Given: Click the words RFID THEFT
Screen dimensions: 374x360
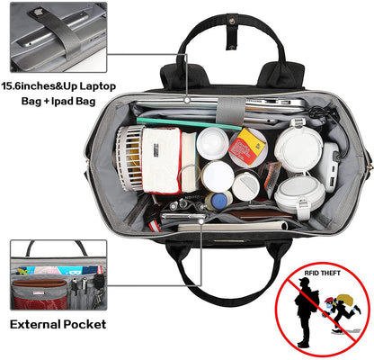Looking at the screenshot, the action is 322,273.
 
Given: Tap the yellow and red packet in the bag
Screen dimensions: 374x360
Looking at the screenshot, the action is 247,146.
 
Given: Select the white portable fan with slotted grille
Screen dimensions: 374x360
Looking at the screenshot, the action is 129,158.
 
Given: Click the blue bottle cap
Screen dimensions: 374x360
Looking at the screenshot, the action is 219,201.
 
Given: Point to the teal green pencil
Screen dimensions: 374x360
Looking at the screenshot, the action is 190,123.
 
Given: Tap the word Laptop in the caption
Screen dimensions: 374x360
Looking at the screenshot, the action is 98,86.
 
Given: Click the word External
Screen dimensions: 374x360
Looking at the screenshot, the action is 35,324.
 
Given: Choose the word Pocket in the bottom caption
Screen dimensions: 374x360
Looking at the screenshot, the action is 85,324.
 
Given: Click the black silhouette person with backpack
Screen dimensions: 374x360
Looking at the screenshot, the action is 306,312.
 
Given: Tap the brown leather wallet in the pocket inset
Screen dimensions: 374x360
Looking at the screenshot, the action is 39,283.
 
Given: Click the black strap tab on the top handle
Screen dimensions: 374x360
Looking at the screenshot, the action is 232,32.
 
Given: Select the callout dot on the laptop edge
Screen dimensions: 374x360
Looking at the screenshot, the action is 187,100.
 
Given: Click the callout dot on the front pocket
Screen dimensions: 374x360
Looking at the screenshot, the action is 200,221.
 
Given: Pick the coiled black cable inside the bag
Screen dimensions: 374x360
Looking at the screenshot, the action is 323,113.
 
